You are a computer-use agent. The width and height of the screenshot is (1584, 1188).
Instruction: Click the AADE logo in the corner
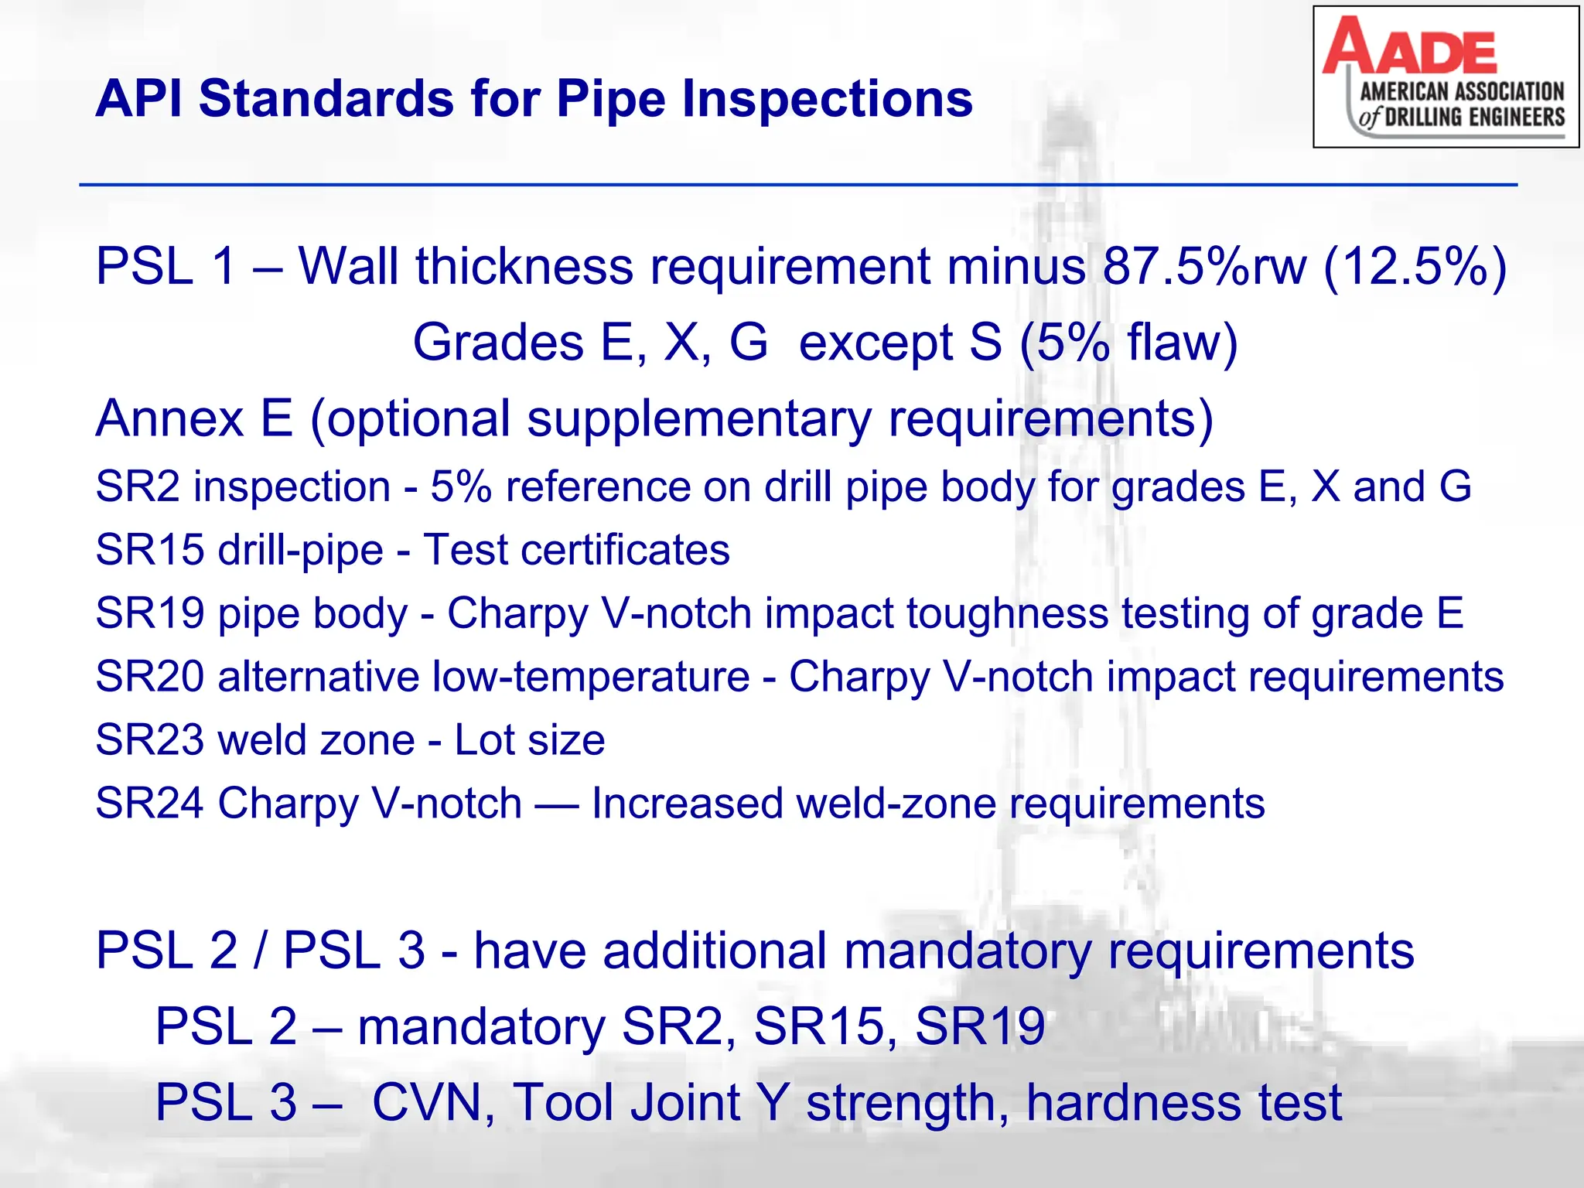(x=1445, y=77)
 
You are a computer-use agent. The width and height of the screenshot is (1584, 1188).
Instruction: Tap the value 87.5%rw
(x=1205, y=267)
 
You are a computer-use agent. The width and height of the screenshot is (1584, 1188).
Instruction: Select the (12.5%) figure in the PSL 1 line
(x=1415, y=267)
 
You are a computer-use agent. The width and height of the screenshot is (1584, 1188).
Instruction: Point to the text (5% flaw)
(x=1128, y=343)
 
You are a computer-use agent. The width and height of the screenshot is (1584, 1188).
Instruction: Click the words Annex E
(x=194, y=418)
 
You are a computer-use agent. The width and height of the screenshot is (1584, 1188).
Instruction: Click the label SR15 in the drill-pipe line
(x=148, y=551)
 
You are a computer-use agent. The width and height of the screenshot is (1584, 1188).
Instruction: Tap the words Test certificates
(x=576, y=551)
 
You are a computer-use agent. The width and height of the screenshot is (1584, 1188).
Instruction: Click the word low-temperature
(x=590, y=678)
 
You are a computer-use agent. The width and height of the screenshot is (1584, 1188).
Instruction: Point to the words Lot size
(x=529, y=740)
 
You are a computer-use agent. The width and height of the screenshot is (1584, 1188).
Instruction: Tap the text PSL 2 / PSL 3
(x=260, y=951)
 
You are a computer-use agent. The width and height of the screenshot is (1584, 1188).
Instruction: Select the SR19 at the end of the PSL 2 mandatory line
(x=980, y=1027)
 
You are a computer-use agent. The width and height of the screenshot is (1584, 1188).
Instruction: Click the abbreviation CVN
(x=433, y=1103)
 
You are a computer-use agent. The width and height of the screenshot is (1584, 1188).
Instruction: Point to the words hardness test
(x=1183, y=1103)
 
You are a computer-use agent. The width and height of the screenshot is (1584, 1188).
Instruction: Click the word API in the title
(x=139, y=101)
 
